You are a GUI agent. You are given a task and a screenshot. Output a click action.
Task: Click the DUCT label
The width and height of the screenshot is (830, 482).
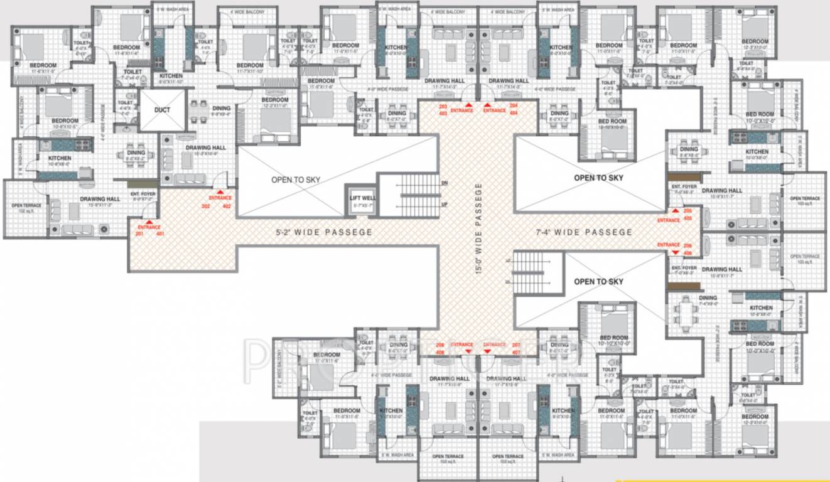pyautogui.click(x=162, y=110)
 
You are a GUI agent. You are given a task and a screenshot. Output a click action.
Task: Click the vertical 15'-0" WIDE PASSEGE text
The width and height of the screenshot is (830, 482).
pyautogui.click(x=478, y=228)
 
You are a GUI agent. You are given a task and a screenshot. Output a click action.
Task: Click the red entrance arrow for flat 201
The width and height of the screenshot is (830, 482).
pyautogui.click(x=149, y=221)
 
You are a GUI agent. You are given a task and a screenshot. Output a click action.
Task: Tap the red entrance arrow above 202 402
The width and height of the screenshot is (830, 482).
pyautogui.click(x=220, y=192)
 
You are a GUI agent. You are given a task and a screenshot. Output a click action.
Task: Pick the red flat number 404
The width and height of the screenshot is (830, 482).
pyautogui.click(x=514, y=114)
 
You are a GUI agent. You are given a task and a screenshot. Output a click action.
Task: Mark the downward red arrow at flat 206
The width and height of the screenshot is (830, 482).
pyautogui.click(x=675, y=252)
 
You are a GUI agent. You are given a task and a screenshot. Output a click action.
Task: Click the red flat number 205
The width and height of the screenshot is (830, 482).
pyautogui.click(x=687, y=211)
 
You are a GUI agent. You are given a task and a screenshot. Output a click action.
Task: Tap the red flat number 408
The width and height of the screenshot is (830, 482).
pyautogui.click(x=439, y=353)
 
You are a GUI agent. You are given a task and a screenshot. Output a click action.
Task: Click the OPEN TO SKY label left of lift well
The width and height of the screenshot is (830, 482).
pyautogui.click(x=296, y=179)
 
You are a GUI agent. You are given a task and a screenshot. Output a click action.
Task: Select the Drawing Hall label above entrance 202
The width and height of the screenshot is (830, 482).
pyautogui.click(x=205, y=148)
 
